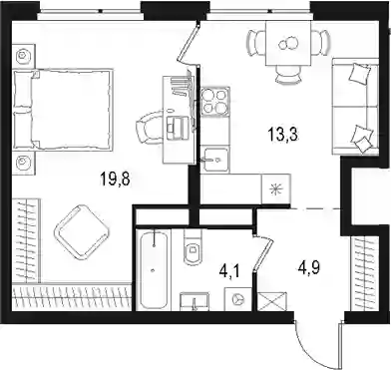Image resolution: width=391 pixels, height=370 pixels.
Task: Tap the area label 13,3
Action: (x=282, y=135)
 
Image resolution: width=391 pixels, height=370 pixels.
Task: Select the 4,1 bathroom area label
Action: (x=229, y=273)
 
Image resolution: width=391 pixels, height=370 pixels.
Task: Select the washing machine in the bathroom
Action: (x=238, y=299)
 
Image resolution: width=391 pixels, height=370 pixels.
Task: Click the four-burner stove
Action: (x=215, y=102)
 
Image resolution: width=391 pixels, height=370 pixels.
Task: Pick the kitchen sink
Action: (x=215, y=160)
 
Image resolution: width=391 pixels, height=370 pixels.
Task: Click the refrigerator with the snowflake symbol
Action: (x=276, y=189)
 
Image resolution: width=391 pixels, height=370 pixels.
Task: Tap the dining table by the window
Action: (x=288, y=43)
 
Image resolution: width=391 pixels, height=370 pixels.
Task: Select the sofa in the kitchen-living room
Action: (x=355, y=107)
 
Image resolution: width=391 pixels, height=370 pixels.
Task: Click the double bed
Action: (x=62, y=110)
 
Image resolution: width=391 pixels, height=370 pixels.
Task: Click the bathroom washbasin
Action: (x=195, y=302)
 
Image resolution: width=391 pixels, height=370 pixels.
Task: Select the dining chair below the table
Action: (x=288, y=75)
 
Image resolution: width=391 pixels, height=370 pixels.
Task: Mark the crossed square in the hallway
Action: (x=272, y=301)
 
